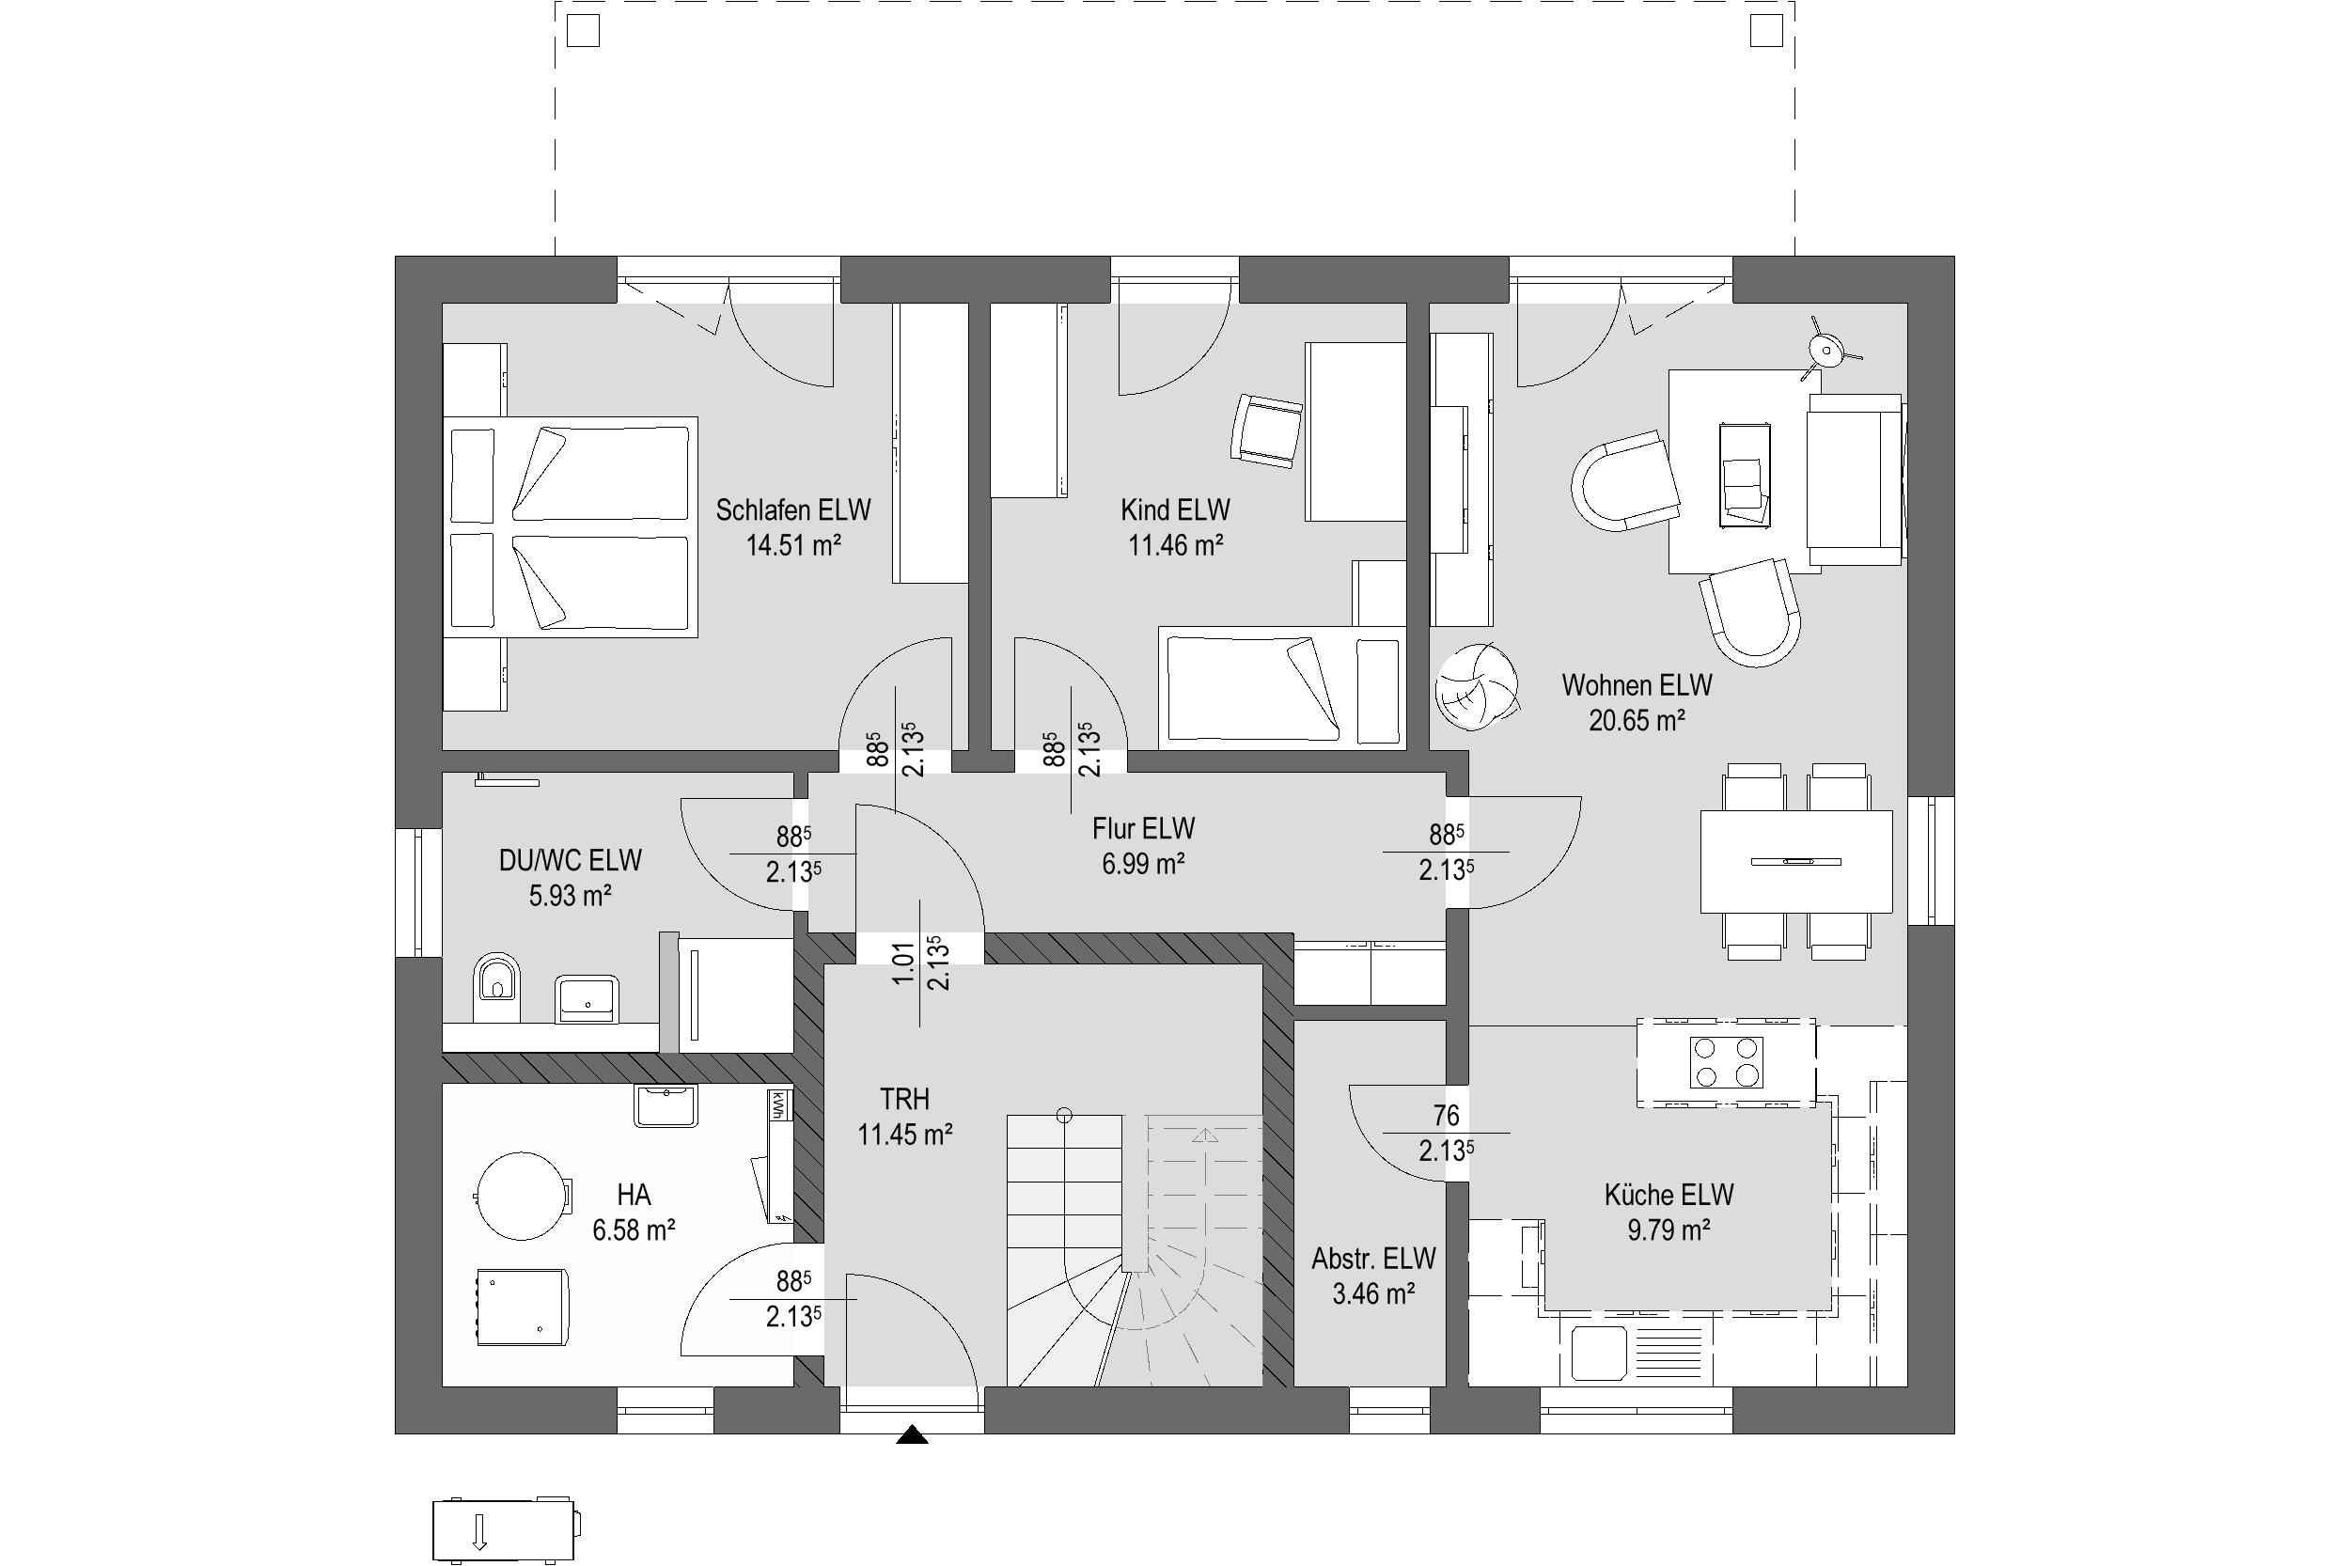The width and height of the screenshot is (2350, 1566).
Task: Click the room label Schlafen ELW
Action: click(793, 510)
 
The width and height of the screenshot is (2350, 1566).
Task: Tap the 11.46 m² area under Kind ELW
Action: click(1176, 545)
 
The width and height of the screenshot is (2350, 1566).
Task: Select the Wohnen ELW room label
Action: click(1637, 685)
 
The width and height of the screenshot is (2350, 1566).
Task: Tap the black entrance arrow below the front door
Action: click(912, 1436)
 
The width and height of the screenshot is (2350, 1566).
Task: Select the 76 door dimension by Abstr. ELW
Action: click(1445, 1115)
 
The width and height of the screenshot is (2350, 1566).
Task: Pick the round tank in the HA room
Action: click(519, 1196)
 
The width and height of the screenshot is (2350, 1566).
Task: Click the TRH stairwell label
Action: click(905, 1100)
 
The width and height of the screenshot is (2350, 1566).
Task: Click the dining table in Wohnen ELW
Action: click(1795, 861)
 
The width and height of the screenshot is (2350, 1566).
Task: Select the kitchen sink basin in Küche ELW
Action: click(1599, 1353)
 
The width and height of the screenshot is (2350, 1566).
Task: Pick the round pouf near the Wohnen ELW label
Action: click(1476, 687)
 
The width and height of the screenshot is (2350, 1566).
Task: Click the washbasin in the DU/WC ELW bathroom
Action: click(587, 998)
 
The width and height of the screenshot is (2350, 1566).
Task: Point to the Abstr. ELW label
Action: click(1374, 1259)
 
